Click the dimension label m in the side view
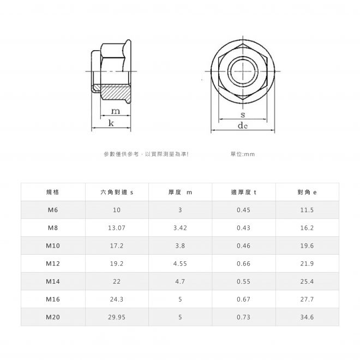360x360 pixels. (x=116, y=111)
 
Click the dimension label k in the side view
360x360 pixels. (x=111, y=123)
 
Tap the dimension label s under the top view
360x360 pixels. (x=243, y=115)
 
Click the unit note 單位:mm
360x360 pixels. (x=243, y=154)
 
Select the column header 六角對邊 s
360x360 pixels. (x=116, y=192)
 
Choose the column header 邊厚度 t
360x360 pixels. (x=243, y=192)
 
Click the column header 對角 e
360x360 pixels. (x=307, y=192)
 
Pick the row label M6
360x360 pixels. (x=53, y=210)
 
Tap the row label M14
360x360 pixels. (x=53, y=281)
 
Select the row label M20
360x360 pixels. (x=53, y=317)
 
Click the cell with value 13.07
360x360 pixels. (x=116, y=228)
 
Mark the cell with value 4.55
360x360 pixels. (x=180, y=263)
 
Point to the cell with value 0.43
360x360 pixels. (x=243, y=228)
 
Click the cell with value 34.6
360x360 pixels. (x=307, y=317)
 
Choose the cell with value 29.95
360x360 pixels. (x=116, y=317)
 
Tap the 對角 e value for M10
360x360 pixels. (x=307, y=245)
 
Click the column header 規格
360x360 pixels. (x=53, y=192)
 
